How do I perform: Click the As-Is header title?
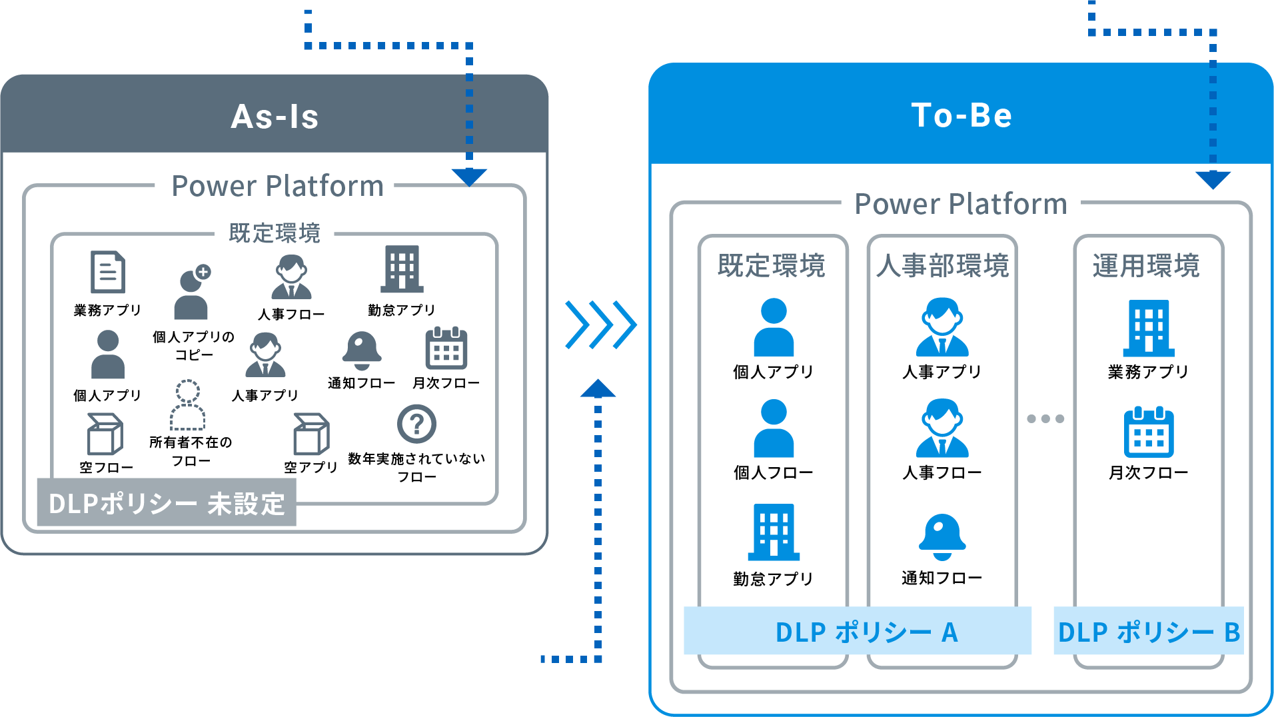[x=275, y=117]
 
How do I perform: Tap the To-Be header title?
[x=961, y=115]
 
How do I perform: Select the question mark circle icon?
[x=416, y=424]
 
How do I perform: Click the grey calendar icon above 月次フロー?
[x=446, y=349]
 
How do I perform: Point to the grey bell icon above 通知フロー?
[x=361, y=350]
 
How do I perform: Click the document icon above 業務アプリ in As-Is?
[x=108, y=272]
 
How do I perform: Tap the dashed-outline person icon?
[x=188, y=405]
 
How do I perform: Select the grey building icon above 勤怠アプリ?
[x=402, y=269]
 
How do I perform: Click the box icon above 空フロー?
[x=105, y=434]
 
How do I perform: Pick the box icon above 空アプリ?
[x=311, y=434]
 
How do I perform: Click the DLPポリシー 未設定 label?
[x=167, y=504]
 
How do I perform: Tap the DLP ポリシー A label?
[x=866, y=632]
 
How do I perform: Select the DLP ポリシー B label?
[x=1149, y=632]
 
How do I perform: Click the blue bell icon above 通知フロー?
[x=942, y=536]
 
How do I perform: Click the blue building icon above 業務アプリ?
[x=1149, y=328]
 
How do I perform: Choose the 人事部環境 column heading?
[x=942, y=265]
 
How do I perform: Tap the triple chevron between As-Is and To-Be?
[x=600, y=325]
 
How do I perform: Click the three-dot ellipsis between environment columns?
[x=1045, y=418]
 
